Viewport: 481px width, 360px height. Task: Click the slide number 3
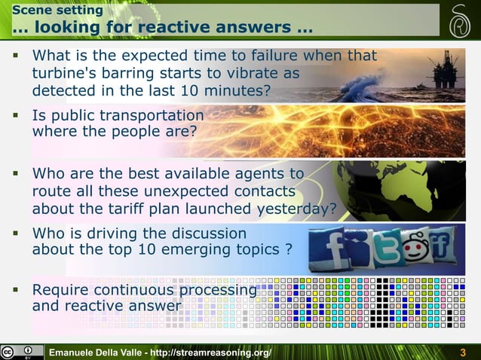click(463, 352)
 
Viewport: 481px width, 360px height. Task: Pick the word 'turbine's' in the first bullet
click(66, 75)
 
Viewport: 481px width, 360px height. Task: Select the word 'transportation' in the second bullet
click(153, 116)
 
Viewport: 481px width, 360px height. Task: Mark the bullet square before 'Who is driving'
click(14, 233)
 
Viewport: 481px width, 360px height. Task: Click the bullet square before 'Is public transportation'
click(14, 116)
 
